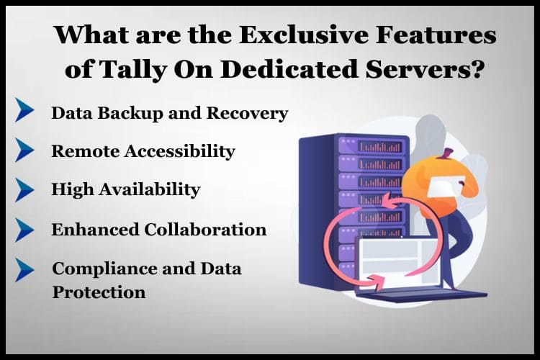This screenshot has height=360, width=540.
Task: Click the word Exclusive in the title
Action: [304, 35]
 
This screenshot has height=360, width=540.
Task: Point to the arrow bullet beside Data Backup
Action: [24, 110]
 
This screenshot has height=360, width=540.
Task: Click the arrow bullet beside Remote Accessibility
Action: [24, 150]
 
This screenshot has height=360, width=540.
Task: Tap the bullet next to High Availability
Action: [24, 189]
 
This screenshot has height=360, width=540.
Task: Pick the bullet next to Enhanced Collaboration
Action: [24, 230]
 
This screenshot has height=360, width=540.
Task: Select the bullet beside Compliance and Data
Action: [24, 270]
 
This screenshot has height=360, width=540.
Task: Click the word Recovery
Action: [247, 113]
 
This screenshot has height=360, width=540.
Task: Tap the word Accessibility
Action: [180, 151]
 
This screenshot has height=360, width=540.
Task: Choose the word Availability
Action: [150, 190]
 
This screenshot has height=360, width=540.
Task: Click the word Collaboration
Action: [205, 230]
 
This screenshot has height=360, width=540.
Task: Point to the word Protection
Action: [99, 292]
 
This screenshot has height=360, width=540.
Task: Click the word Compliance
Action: [104, 269]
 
